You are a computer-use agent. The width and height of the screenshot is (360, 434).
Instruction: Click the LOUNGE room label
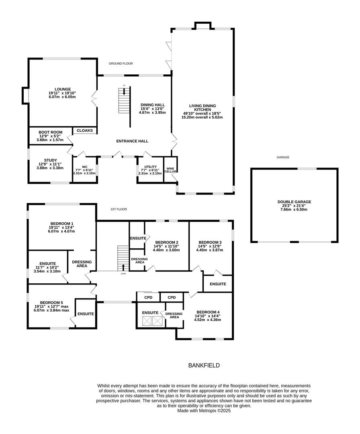[x=62, y=89]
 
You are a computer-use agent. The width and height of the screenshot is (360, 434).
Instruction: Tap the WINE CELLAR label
[x=171, y=169]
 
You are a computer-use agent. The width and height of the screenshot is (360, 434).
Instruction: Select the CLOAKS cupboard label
[x=84, y=131]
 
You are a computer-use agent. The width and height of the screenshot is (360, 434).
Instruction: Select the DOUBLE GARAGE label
[x=294, y=202]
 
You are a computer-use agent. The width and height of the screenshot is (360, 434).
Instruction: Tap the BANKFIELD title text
[x=204, y=365]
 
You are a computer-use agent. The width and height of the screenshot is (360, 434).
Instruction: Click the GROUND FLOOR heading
[x=121, y=63]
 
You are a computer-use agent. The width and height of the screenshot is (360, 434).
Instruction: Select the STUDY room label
[x=50, y=160]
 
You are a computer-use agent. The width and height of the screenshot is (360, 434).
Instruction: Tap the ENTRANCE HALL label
[x=132, y=141]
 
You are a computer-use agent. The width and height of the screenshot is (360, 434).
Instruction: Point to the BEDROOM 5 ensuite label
[x=86, y=314]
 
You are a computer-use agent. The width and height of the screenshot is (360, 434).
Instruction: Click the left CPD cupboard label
[x=147, y=297]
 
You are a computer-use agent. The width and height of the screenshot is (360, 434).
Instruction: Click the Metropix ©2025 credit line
[x=204, y=411]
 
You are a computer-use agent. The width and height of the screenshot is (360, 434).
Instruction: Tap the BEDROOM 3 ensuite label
[x=218, y=284]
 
